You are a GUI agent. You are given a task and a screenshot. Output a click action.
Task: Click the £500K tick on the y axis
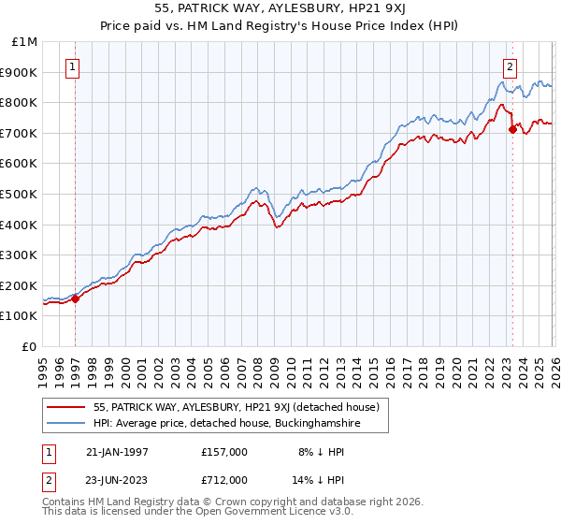(x=19, y=194)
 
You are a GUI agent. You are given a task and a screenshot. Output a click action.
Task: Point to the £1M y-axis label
(x=24, y=41)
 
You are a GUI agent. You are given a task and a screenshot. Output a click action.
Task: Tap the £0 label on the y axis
(x=30, y=346)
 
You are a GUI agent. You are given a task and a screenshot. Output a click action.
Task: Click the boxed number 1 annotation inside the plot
(x=73, y=66)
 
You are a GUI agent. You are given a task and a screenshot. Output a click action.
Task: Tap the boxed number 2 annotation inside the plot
(x=511, y=66)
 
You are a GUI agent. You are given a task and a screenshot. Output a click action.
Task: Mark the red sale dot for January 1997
(x=76, y=298)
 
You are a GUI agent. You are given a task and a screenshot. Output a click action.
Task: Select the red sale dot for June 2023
(x=512, y=129)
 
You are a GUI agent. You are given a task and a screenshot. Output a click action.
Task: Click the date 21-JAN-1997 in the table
(x=117, y=452)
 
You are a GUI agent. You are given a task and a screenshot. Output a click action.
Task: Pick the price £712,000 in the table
(x=223, y=480)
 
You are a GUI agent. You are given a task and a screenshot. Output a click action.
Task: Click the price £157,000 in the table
(x=223, y=452)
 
